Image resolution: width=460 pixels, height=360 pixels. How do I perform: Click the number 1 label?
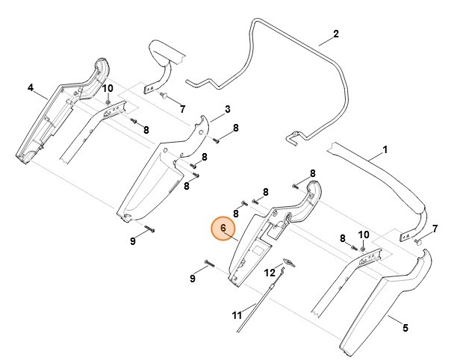click(385, 149)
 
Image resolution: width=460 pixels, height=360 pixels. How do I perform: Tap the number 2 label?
click(336, 34)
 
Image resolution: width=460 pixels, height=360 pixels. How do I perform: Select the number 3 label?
click(227, 108)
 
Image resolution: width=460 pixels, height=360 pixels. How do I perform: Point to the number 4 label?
click(31, 87)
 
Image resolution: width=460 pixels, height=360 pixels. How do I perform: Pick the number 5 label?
click(405, 327)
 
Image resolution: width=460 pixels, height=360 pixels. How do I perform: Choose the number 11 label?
click(237, 315)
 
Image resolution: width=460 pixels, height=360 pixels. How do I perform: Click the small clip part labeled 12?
click(288, 261)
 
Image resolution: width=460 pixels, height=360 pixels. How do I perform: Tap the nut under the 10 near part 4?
click(108, 101)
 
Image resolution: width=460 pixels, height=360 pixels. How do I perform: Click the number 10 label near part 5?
click(364, 234)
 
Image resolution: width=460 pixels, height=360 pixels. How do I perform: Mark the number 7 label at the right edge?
click(435, 227)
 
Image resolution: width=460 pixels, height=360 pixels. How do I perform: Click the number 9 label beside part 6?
click(192, 279)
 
